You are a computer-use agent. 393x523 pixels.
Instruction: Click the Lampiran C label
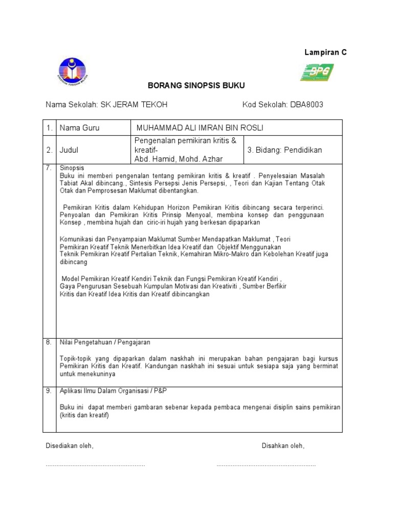(x=325, y=53)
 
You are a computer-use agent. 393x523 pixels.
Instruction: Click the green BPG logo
(x=317, y=72)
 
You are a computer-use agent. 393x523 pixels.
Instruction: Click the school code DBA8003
(x=307, y=105)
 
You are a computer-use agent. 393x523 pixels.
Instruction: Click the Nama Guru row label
(x=79, y=128)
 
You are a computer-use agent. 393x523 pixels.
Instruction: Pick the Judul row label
(x=69, y=150)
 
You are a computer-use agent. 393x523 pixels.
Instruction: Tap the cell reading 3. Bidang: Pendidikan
(x=285, y=150)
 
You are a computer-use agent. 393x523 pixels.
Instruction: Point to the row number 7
(x=48, y=168)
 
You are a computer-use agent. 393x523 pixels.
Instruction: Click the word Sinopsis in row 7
(x=72, y=168)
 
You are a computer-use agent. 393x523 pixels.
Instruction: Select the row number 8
(x=48, y=342)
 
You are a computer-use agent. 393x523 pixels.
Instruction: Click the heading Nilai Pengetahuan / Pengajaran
(x=105, y=342)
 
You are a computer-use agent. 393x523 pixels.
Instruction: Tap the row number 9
(x=48, y=391)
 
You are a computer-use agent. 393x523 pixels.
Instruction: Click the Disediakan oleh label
(x=70, y=446)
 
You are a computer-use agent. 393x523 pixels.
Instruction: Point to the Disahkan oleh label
(x=283, y=446)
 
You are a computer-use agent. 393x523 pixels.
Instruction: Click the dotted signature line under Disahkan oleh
(x=266, y=465)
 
